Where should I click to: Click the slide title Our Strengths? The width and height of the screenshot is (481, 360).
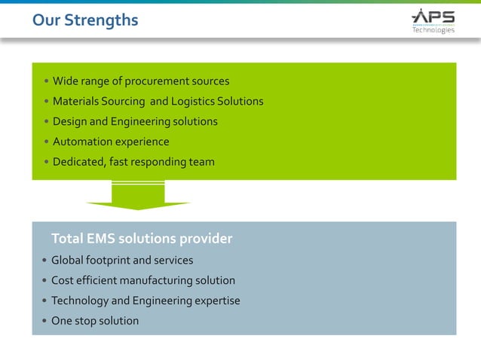(x=84, y=20)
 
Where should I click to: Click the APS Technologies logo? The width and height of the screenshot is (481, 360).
(x=433, y=20)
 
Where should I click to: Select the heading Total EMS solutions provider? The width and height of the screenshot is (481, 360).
(x=142, y=239)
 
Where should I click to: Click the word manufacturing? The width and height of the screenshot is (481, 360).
(x=156, y=280)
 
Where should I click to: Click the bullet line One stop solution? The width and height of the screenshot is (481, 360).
(x=95, y=321)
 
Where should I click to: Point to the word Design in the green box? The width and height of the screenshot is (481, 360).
(x=70, y=121)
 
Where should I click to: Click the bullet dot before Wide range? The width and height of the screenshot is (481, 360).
(x=46, y=81)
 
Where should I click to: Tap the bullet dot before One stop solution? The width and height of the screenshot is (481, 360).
(x=44, y=322)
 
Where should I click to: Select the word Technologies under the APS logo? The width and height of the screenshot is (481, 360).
(x=433, y=30)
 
